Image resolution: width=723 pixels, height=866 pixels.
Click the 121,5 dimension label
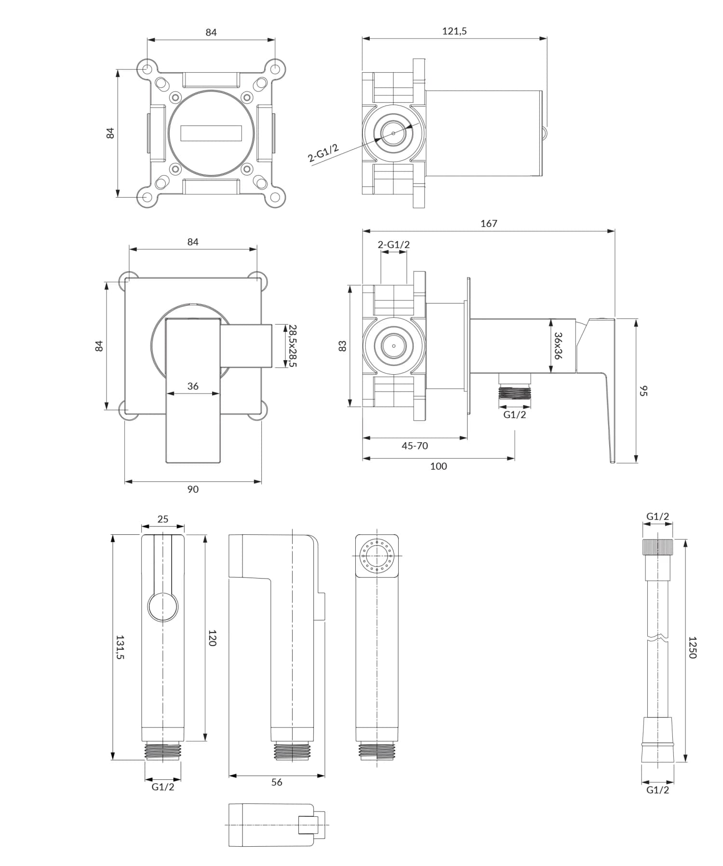(x=454, y=31)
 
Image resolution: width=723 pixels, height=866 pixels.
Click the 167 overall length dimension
(x=488, y=223)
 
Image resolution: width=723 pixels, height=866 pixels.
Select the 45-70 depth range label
(x=415, y=446)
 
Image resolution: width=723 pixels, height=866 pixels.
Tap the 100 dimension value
(x=438, y=466)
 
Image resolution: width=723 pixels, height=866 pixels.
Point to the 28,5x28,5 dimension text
(x=292, y=345)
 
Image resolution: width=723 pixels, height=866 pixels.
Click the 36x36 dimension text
(x=558, y=345)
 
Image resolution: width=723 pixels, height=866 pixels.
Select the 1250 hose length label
(x=692, y=647)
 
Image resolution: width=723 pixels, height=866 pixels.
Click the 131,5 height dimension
(x=120, y=647)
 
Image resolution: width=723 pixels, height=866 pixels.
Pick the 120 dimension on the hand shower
(x=212, y=637)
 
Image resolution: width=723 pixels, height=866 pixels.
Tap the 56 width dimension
(x=276, y=782)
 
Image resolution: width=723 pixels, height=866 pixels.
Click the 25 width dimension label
(x=163, y=519)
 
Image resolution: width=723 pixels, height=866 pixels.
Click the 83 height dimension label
(x=343, y=346)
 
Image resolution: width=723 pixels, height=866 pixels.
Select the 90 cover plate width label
(x=192, y=489)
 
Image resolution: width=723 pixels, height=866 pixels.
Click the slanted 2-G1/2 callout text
(x=323, y=153)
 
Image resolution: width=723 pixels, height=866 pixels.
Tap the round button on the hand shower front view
(x=163, y=607)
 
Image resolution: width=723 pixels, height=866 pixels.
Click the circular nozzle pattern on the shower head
(x=376, y=556)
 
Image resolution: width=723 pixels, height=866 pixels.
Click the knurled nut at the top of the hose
(x=657, y=548)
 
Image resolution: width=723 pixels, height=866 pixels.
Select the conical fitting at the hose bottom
(x=657, y=740)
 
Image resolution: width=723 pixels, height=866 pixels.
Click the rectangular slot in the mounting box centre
(x=211, y=133)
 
